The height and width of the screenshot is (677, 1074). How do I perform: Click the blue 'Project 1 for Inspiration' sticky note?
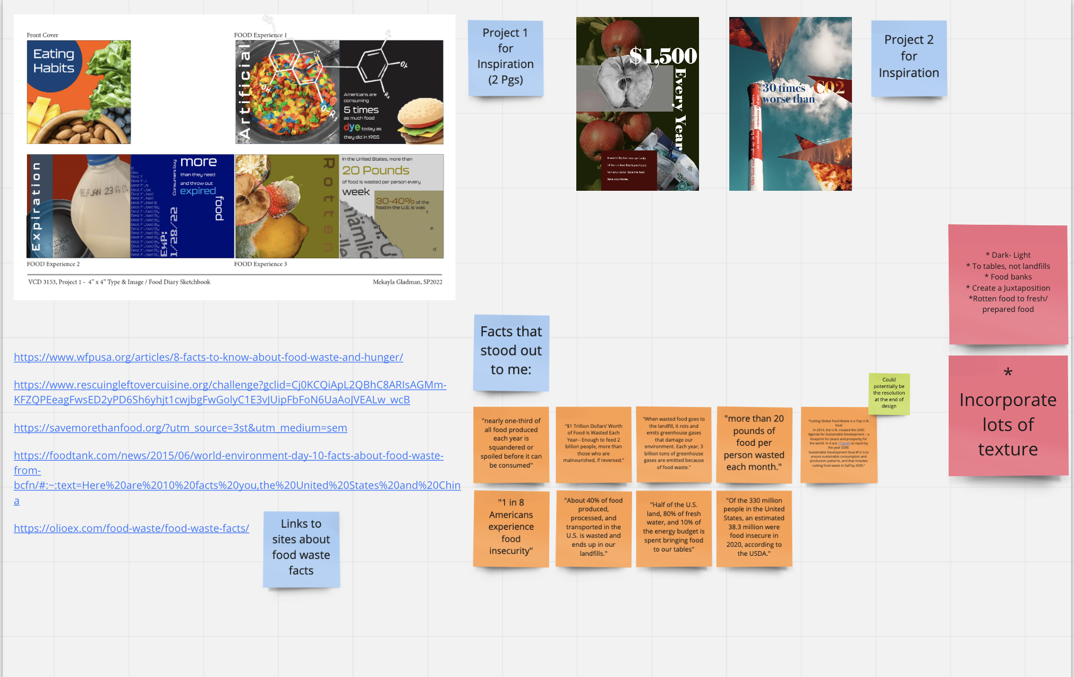(505, 57)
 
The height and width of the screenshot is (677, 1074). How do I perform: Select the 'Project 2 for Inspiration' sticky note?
(908, 57)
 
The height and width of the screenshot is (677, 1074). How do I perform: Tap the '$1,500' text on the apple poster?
(663, 56)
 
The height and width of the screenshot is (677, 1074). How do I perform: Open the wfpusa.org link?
(208, 357)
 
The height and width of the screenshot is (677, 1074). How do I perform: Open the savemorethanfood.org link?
(180, 428)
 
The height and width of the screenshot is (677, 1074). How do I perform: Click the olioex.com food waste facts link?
(131, 528)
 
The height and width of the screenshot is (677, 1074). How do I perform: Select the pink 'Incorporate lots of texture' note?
(1008, 416)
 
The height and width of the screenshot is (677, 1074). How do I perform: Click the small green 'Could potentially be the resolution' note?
(889, 393)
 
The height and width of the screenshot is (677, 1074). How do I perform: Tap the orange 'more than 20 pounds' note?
(754, 444)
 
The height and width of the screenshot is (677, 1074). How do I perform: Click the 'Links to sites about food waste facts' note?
(301, 548)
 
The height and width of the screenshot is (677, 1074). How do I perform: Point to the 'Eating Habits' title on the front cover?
(54, 61)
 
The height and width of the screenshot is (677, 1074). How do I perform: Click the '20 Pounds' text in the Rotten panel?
(376, 171)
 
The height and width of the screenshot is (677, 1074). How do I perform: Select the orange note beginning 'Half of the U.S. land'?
(674, 527)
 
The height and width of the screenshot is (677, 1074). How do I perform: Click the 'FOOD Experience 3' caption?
(260, 264)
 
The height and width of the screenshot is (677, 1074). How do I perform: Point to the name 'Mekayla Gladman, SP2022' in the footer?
(407, 282)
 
